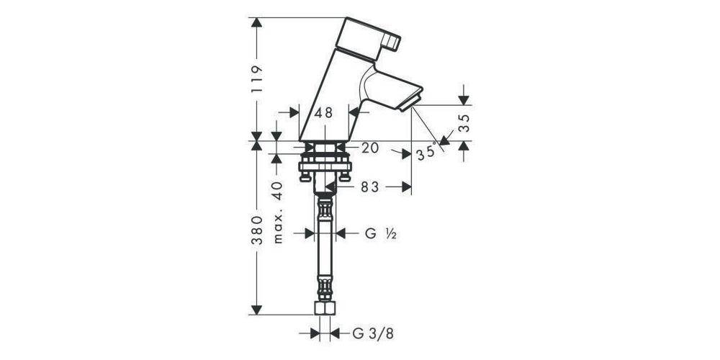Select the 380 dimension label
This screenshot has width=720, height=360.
[257, 230]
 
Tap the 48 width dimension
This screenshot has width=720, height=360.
[324, 113]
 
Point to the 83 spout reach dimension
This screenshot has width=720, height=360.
[369, 187]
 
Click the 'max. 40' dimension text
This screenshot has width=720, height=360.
[279, 212]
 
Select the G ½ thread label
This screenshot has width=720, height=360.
[377, 233]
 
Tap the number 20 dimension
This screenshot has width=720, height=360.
[370, 149]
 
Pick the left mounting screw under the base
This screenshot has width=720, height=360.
[305, 174]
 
